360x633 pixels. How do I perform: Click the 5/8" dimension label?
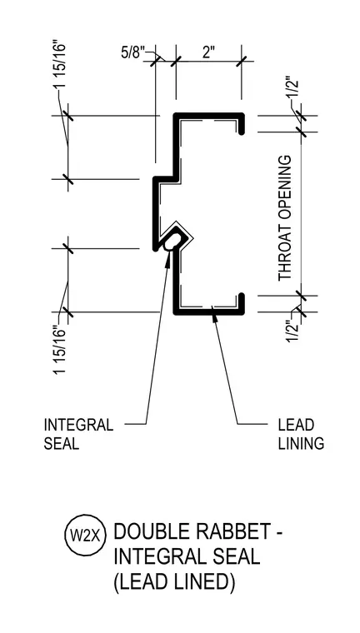132,53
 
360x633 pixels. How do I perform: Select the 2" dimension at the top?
208,52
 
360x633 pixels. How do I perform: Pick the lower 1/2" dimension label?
293,331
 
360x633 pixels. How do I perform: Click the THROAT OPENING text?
285,218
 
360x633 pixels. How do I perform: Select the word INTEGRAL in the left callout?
78,425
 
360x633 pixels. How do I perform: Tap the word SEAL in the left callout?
61,444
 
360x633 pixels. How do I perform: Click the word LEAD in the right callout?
296,425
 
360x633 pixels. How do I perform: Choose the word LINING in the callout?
301,444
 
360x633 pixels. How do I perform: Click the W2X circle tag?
85,536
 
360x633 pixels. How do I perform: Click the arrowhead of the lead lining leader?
214,317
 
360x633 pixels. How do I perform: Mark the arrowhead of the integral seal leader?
168,257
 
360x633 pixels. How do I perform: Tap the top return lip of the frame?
242,124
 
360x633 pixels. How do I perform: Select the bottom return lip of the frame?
242,303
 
